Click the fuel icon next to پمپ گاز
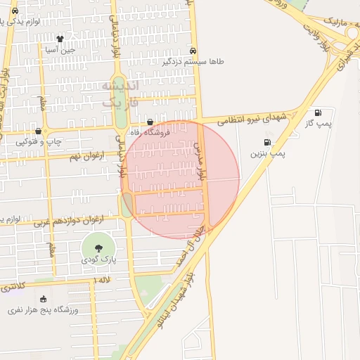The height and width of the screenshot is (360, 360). (x=318, y=112)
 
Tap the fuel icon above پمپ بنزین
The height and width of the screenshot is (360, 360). (x=266, y=143)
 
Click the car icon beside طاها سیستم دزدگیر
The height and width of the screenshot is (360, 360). (x=193, y=51)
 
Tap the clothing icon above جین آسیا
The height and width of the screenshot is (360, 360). (x=60, y=39)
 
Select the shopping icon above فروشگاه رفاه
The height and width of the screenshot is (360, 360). (x=150, y=122)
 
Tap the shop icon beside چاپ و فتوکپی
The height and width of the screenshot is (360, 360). (x=38, y=131)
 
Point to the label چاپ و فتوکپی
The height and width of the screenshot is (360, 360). (x=39, y=141)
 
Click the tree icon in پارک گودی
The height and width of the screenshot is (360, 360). (x=97, y=248)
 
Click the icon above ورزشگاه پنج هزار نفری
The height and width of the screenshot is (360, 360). (x=44, y=300)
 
